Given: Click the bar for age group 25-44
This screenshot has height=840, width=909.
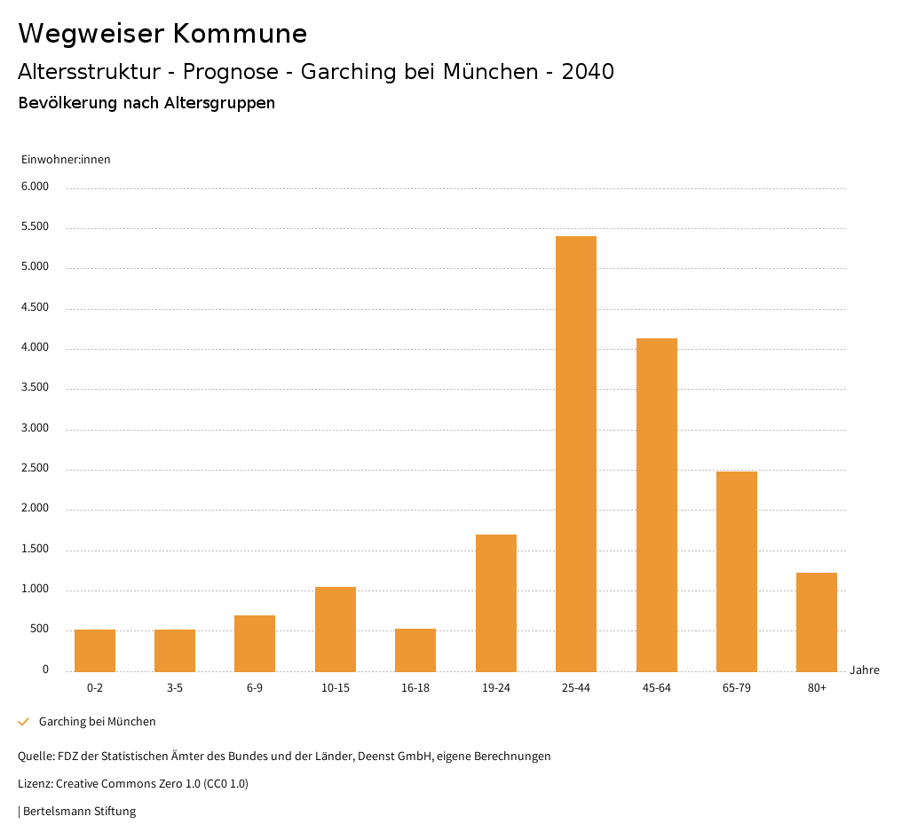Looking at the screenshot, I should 575,454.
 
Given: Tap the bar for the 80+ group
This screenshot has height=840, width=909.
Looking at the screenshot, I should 816,622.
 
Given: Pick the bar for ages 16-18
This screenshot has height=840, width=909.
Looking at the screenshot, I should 415,650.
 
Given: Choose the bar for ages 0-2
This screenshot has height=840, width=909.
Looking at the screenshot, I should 94,650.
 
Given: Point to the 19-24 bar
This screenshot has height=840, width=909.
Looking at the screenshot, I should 495,603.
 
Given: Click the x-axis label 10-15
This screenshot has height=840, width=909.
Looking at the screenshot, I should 335,688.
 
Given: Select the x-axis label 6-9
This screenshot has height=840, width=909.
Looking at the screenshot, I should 255,688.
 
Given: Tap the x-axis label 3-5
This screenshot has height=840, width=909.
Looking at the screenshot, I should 174,688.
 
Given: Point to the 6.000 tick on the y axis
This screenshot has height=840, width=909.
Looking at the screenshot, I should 36,186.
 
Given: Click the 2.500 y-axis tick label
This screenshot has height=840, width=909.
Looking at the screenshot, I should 36,469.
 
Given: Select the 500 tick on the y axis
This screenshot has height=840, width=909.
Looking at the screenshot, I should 40,630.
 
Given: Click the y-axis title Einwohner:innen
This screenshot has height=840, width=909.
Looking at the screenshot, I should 66,160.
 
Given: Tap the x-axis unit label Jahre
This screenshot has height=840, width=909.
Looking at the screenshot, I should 864,670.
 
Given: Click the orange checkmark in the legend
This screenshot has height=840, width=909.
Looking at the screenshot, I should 24,722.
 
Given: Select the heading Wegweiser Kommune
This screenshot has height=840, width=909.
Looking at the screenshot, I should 162,34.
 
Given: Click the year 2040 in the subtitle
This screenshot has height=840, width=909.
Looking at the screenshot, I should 588,72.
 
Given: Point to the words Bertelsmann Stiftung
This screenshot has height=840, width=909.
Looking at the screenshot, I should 79,812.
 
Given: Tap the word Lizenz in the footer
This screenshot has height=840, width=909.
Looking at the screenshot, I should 35,784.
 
